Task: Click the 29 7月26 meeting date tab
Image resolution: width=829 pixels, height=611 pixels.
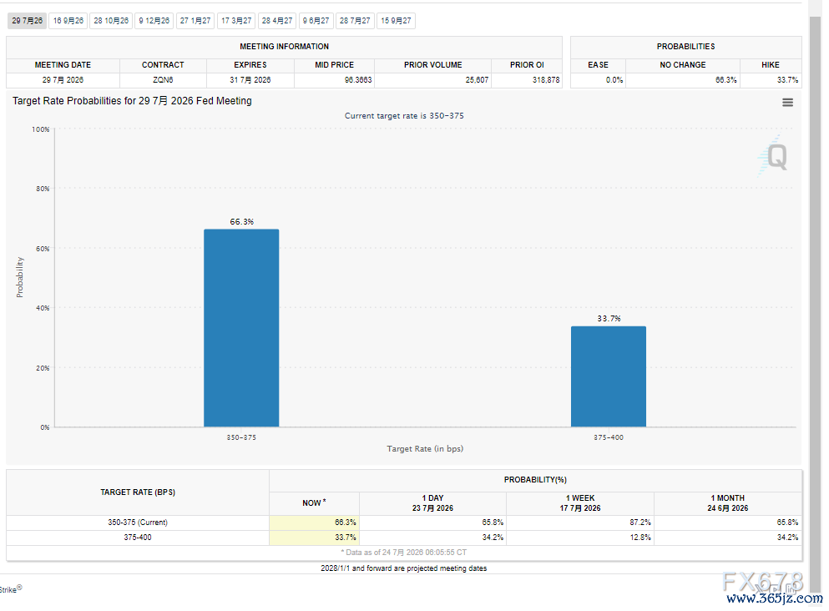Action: [27, 21]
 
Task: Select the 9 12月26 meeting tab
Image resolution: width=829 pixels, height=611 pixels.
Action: [154, 21]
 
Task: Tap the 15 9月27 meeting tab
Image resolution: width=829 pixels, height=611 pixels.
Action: [396, 21]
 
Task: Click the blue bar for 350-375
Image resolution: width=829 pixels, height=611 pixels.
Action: [241, 328]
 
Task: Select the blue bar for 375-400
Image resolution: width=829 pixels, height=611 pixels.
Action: [609, 376]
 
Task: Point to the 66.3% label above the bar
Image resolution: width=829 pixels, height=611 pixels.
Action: [241, 221]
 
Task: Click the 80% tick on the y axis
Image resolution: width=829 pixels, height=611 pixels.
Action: [43, 189]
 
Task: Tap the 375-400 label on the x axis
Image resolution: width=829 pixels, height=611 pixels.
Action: [609, 437]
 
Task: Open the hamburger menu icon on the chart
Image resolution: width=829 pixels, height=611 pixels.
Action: [788, 103]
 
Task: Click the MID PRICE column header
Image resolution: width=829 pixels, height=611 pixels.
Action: [334, 65]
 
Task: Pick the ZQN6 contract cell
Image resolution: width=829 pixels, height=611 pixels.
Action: [163, 80]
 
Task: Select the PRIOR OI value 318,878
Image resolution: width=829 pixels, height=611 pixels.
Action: [546, 80]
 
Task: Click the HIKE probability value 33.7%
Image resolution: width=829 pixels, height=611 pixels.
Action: [788, 80]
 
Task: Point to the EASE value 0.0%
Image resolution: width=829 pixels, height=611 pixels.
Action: [614, 80]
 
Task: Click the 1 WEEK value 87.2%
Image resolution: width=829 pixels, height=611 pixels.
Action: [640, 523]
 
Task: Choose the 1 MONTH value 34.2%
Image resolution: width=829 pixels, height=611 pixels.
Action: [788, 538]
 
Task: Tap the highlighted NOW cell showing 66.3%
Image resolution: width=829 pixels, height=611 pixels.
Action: [314, 523]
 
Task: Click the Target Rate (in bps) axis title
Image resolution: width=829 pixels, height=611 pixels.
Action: [425, 449]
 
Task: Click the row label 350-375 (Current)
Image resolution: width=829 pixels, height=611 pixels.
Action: [138, 523]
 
